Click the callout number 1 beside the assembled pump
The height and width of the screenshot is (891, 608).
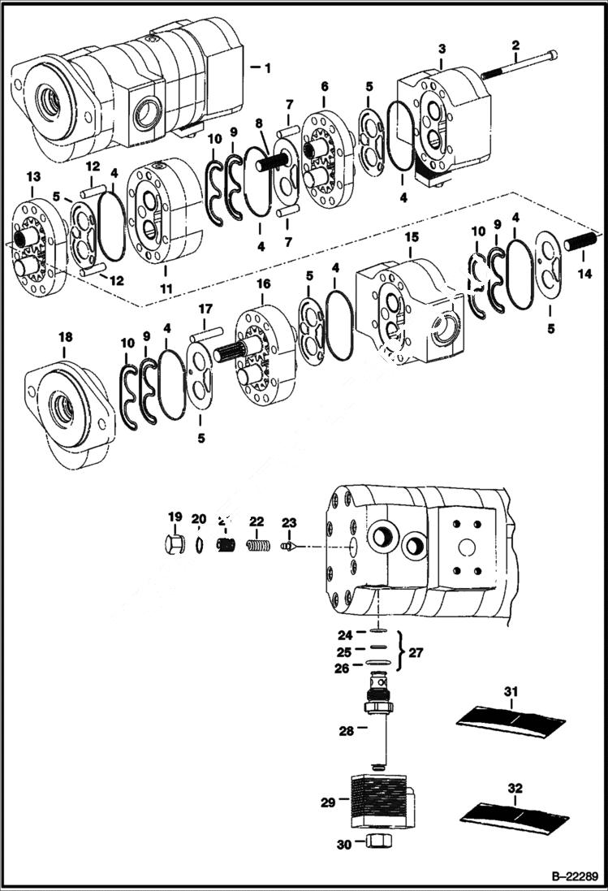pos(266,67)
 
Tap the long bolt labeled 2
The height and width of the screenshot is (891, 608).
pos(520,64)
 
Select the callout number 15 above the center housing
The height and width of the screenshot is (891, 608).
pos(412,236)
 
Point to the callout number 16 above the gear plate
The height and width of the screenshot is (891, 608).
pos(264,283)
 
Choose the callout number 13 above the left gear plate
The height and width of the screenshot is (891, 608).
pos(32,177)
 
